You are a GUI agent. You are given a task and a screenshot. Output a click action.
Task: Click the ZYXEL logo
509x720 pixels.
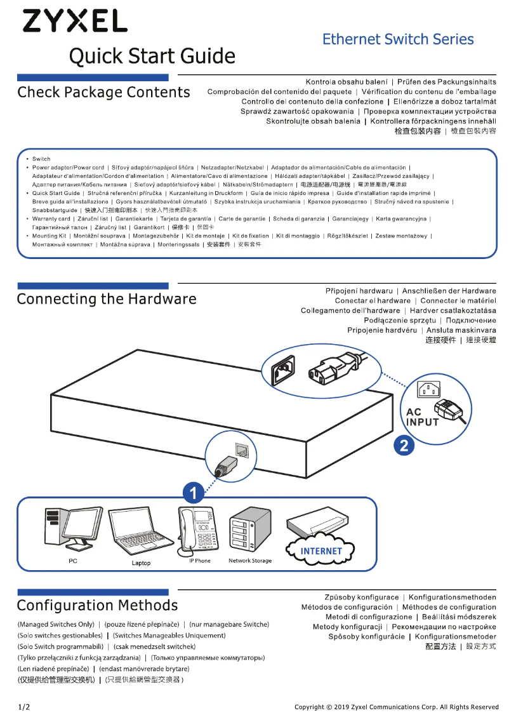coord(75,21)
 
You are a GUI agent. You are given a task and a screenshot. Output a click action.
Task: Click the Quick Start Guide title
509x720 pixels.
coord(152,57)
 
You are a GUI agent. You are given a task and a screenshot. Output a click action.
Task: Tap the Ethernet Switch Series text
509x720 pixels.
coord(398,39)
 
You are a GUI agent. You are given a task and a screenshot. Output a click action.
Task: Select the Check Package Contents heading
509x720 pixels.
coord(103,93)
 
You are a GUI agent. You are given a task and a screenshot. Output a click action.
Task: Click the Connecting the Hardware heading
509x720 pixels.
coord(107,299)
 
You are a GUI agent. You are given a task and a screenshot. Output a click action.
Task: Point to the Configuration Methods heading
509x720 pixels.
coord(97,605)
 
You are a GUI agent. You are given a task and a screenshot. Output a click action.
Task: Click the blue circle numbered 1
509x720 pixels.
coord(194,491)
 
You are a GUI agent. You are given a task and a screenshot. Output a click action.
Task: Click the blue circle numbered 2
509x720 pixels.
coord(404,444)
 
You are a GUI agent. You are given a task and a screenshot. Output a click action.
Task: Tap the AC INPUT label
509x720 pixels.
coord(422,417)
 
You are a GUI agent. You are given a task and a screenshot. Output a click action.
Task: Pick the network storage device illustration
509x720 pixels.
coord(249,530)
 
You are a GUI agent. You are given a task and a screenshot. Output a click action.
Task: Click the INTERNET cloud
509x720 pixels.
coord(321,551)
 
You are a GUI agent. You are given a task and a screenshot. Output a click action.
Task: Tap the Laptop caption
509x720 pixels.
coord(141,563)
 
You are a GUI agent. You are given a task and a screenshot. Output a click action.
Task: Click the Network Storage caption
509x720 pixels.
coord(250,561)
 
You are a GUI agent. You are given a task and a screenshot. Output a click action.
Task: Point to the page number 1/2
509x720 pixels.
coord(23,707)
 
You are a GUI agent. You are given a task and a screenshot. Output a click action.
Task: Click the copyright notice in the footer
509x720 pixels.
coord(396,707)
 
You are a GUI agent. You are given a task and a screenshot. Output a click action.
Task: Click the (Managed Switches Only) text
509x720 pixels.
coord(56,624)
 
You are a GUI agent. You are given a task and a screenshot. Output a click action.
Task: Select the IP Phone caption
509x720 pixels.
coord(200,561)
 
